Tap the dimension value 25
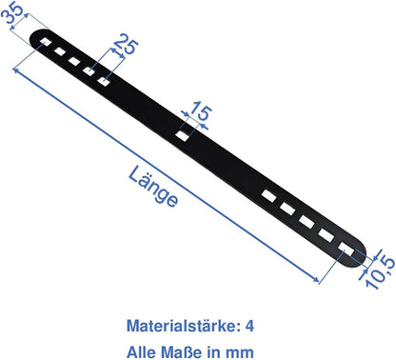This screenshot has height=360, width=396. click(122, 43)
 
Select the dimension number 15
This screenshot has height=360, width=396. click(199, 112)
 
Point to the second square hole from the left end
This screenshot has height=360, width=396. click(58, 52)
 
